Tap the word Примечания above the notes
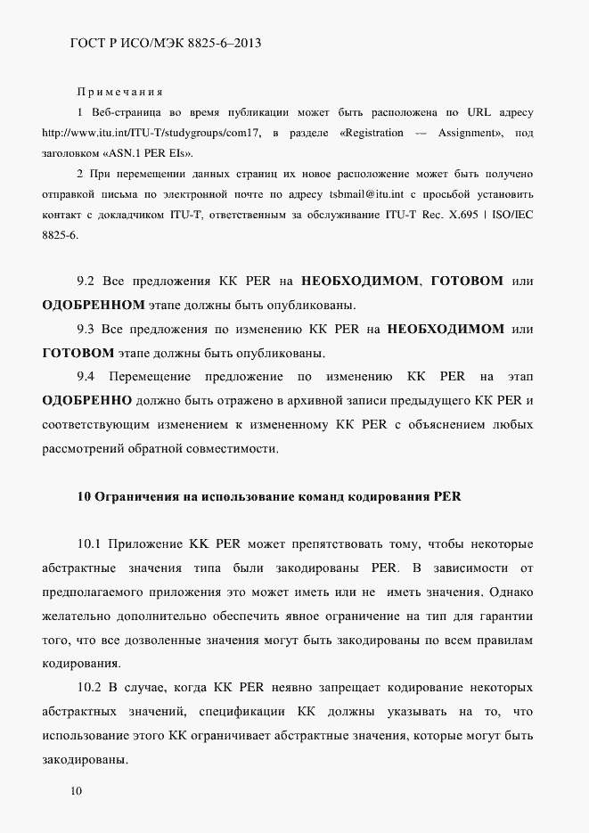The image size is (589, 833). (x=119, y=92)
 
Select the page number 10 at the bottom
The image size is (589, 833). (x=76, y=791)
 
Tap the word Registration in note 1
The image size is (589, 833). (x=372, y=133)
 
